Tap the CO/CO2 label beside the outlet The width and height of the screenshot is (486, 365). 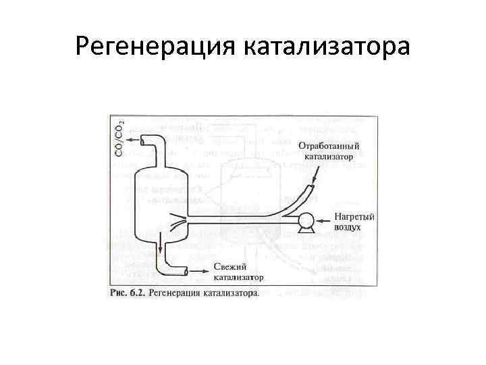click(x=119, y=139)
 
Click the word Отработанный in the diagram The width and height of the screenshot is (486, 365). click(x=329, y=146)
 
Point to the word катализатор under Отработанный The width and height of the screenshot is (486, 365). click(x=329, y=156)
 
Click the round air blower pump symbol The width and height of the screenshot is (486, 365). click(x=304, y=220)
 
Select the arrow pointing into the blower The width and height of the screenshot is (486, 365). click(x=322, y=220)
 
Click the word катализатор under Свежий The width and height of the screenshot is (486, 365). click(x=239, y=276)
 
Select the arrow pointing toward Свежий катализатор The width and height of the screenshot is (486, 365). click(x=200, y=271)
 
